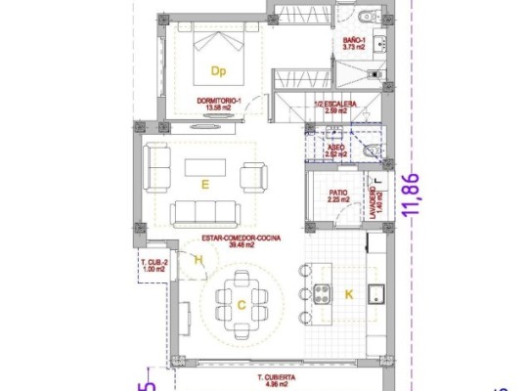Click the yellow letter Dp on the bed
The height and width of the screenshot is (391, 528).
[218, 70]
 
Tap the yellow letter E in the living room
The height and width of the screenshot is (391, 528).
[204, 183]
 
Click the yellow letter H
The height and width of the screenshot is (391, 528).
[198, 259]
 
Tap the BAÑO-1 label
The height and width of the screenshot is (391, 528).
[354, 39]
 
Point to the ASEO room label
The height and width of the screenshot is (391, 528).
[335, 147]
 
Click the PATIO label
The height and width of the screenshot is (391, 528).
[338, 193]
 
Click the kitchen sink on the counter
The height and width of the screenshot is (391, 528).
[374, 291]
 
